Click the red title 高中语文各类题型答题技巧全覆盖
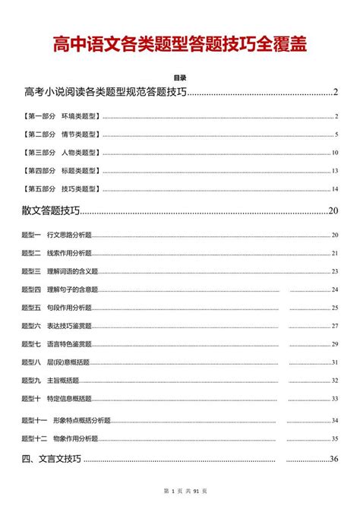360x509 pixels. point(180,45)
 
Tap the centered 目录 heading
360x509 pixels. point(180,78)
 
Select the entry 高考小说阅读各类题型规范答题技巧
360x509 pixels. point(106,93)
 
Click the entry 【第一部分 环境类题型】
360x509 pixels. point(62,117)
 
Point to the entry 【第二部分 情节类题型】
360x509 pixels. point(62,134)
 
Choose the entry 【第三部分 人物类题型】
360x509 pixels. point(62,153)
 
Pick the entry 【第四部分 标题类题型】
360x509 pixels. point(62,171)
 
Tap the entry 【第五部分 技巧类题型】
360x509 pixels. point(62,188)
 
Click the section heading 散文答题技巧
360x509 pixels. point(52,210)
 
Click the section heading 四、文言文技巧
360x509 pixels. point(52,459)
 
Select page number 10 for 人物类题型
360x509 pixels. point(335,153)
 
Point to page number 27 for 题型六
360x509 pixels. point(335,326)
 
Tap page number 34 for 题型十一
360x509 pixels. point(335,420)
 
